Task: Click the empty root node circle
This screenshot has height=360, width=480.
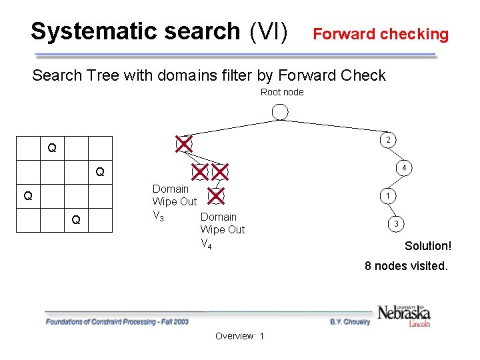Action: coord(281,112)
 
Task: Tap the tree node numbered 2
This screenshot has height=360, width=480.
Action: coord(387,140)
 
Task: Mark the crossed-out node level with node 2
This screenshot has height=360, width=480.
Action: coord(183,143)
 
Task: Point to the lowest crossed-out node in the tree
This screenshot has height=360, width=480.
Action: coord(216,195)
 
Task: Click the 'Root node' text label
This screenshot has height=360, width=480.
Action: coord(281,92)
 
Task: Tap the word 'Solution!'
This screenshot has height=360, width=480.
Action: coord(428,246)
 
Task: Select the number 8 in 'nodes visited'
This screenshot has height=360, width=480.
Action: coord(368,266)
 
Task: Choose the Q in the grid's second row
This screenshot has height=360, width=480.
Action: coord(99,172)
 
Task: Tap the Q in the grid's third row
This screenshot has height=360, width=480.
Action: coord(28,196)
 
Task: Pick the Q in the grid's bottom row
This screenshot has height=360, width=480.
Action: coord(76,220)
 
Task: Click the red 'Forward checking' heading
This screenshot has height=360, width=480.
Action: coord(381,34)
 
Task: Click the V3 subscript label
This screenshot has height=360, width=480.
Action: coord(159,215)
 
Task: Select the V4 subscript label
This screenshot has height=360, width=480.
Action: coord(206,243)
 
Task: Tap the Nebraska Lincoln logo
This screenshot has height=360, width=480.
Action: coord(404,315)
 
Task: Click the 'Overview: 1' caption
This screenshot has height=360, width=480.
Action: coord(240,336)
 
